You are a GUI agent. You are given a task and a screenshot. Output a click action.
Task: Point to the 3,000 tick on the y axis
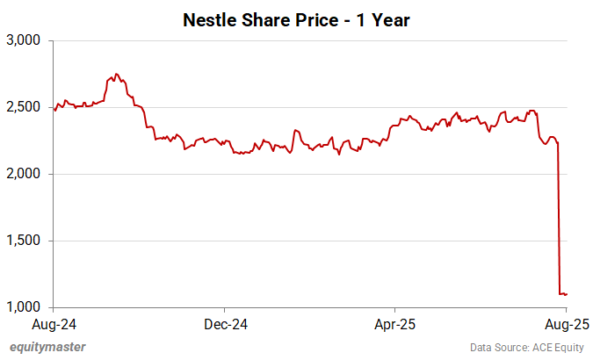[x=24, y=40]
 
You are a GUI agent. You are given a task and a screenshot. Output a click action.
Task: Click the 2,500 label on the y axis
[x=24, y=107]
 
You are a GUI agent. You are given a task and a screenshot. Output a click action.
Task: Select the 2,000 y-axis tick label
[x=24, y=174]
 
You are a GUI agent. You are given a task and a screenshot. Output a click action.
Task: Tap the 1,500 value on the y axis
[x=24, y=241]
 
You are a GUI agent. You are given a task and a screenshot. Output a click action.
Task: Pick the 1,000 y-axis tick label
[x=24, y=307]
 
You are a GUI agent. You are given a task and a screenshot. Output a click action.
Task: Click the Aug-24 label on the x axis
[x=54, y=324]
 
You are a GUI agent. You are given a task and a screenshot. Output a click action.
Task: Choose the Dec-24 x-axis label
[x=225, y=324]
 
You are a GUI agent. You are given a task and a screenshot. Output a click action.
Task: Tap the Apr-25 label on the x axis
[x=394, y=324]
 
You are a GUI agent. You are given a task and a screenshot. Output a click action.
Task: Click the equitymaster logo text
[x=47, y=347]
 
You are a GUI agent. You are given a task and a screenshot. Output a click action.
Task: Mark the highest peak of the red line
[x=117, y=75]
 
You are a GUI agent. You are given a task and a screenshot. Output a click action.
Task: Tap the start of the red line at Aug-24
[x=54, y=110]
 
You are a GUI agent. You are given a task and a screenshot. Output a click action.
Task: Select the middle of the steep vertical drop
[x=560, y=220]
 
